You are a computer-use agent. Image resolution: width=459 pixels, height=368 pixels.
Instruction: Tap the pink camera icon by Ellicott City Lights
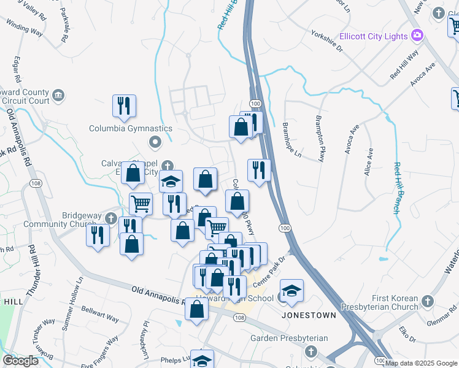[417, 36]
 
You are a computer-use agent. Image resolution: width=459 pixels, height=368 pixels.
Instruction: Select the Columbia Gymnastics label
[131, 129]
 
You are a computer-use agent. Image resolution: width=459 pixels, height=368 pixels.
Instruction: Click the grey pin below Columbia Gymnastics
[155, 142]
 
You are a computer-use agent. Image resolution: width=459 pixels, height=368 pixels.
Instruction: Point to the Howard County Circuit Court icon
[58, 95]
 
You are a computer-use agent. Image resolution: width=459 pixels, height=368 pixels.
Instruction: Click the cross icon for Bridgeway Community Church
[110, 218]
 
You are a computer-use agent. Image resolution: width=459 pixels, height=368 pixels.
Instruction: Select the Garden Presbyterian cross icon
[311, 351]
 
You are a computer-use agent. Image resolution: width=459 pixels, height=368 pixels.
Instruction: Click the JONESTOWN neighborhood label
[309, 315]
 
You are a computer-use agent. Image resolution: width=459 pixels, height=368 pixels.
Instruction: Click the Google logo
[20, 361]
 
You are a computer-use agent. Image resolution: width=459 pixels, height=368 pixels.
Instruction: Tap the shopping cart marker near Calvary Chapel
[141, 203]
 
